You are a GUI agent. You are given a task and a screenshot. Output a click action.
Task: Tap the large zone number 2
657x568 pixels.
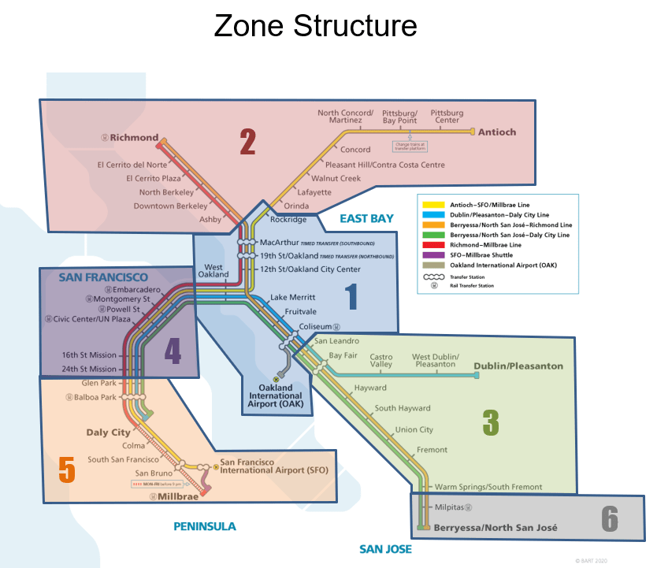click(x=248, y=142)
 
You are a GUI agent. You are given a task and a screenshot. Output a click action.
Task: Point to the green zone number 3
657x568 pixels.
click(x=491, y=423)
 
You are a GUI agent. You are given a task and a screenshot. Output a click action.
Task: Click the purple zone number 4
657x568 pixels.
click(x=173, y=351)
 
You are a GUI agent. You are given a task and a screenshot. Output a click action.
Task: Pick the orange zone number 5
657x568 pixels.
click(x=66, y=470)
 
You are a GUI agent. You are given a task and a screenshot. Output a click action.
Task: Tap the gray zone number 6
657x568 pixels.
click(x=609, y=518)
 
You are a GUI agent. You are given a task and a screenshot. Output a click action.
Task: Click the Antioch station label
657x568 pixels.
click(x=497, y=132)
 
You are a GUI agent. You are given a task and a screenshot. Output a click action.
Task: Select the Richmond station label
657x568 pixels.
click(x=134, y=138)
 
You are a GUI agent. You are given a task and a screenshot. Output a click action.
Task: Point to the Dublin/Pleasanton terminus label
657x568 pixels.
click(x=518, y=366)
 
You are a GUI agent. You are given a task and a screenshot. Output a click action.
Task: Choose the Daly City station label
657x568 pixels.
click(x=109, y=432)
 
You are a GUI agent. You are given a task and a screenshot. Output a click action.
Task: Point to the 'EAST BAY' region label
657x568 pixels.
click(x=366, y=218)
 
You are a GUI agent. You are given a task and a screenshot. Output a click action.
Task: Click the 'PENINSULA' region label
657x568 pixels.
click(x=205, y=526)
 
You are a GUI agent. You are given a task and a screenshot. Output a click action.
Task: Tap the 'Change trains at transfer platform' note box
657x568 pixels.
click(x=411, y=146)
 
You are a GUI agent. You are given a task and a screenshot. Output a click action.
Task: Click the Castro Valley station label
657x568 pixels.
click(x=381, y=361)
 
